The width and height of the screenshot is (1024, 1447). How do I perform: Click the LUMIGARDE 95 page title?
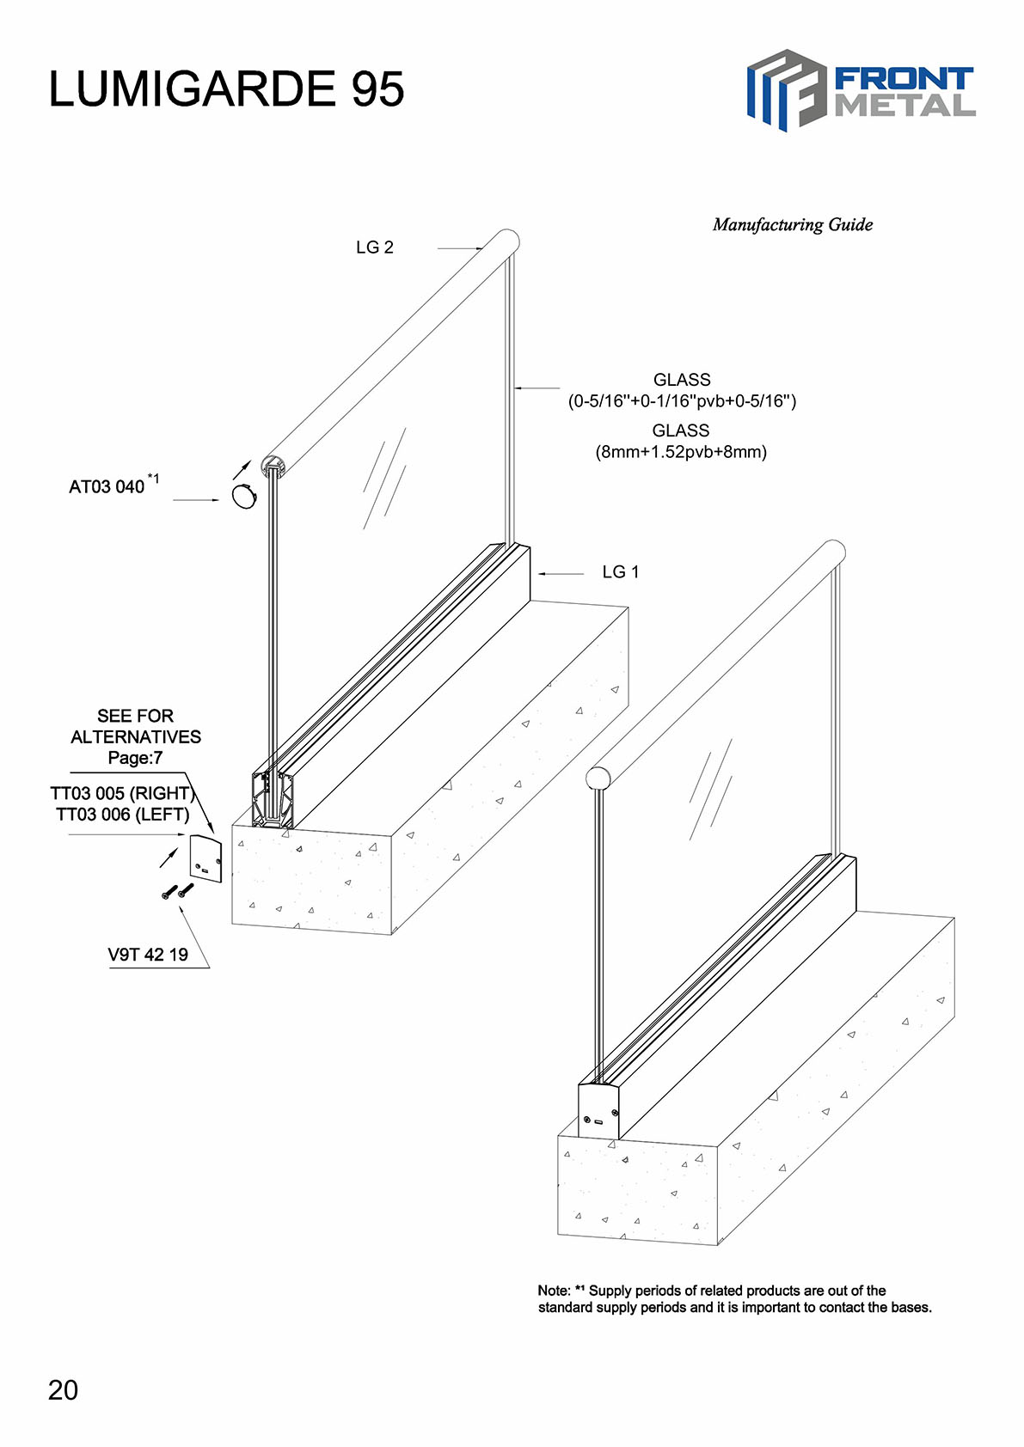click(x=226, y=89)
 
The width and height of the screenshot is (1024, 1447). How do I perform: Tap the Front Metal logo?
click(x=861, y=90)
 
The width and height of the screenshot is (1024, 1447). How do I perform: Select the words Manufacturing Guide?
click(x=792, y=225)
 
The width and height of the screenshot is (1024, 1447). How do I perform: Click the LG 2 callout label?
click(x=374, y=247)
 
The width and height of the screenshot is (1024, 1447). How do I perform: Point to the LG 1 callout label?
click(x=620, y=572)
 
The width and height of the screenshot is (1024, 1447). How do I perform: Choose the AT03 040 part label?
click(x=107, y=487)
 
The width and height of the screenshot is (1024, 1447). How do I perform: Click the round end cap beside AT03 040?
click(x=244, y=497)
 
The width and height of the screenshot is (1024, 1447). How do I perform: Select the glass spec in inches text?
click(x=682, y=401)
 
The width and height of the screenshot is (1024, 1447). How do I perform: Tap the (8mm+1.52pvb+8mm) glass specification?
click(x=681, y=452)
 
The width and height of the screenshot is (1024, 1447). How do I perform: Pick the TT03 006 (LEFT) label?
click(x=122, y=815)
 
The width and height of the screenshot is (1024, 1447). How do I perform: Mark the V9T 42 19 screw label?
click(x=148, y=955)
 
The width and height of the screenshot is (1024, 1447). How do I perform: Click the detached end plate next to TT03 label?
click(x=206, y=859)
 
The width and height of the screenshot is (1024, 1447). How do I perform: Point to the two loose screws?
click(x=177, y=892)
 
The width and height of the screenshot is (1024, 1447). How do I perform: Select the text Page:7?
click(x=135, y=758)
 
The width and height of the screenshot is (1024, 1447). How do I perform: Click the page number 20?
click(x=63, y=1390)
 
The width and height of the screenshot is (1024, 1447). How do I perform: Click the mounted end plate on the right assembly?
click(x=598, y=1112)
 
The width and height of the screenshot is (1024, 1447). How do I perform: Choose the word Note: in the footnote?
click(x=554, y=1291)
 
